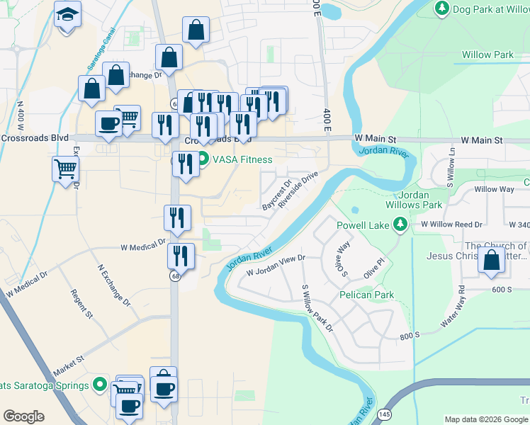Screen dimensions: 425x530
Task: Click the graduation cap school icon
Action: coord(67,14)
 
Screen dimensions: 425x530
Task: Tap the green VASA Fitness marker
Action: coord(203,159)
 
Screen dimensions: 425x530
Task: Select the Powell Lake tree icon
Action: coord(400,225)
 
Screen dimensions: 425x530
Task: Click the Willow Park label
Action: coord(487,55)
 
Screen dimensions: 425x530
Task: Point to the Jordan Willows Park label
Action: coord(412,199)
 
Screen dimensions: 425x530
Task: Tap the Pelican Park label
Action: coord(366,294)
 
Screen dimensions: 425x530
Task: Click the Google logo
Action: coord(23,416)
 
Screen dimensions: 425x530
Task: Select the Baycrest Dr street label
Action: coord(277,195)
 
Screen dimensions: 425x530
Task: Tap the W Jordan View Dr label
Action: coord(275,266)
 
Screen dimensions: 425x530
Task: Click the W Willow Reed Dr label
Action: coord(451,224)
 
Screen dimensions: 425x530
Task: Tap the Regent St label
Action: coord(81,302)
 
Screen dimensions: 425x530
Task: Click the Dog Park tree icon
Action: coord(441,8)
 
